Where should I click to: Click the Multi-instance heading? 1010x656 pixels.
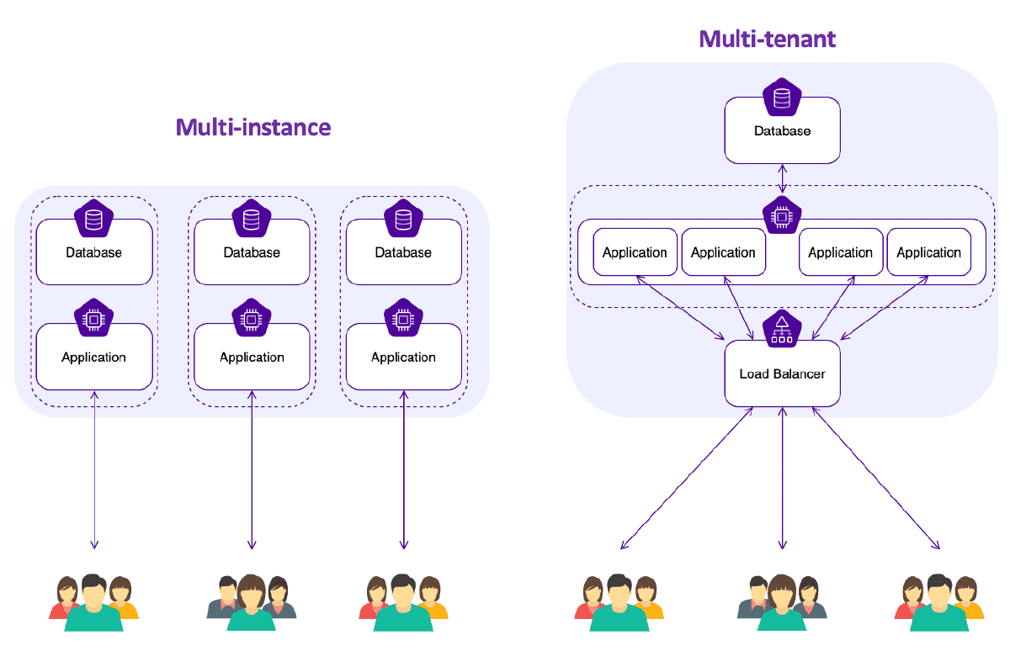tap(252, 128)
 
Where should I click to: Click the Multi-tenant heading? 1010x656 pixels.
tap(768, 39)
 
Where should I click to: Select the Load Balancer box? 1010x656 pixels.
tap(782, 373)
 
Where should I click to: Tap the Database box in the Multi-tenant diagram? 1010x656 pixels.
tap(782, 132)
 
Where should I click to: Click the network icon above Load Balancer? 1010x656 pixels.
tap(782, 328)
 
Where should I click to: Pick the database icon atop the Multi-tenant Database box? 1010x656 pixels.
tap(782, 98)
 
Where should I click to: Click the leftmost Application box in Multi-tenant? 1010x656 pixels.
tap(635, 252)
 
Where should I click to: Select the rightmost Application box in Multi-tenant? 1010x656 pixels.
tap(928, 252)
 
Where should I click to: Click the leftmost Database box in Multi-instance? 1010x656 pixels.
tap(93, 252)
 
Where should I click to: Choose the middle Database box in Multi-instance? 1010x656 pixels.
tap(252, 252)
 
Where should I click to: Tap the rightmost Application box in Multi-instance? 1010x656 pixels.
tap(403, 357)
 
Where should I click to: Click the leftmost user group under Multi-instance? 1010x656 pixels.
tap(93, 602)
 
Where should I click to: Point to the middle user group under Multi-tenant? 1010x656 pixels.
tap(782, 602)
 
